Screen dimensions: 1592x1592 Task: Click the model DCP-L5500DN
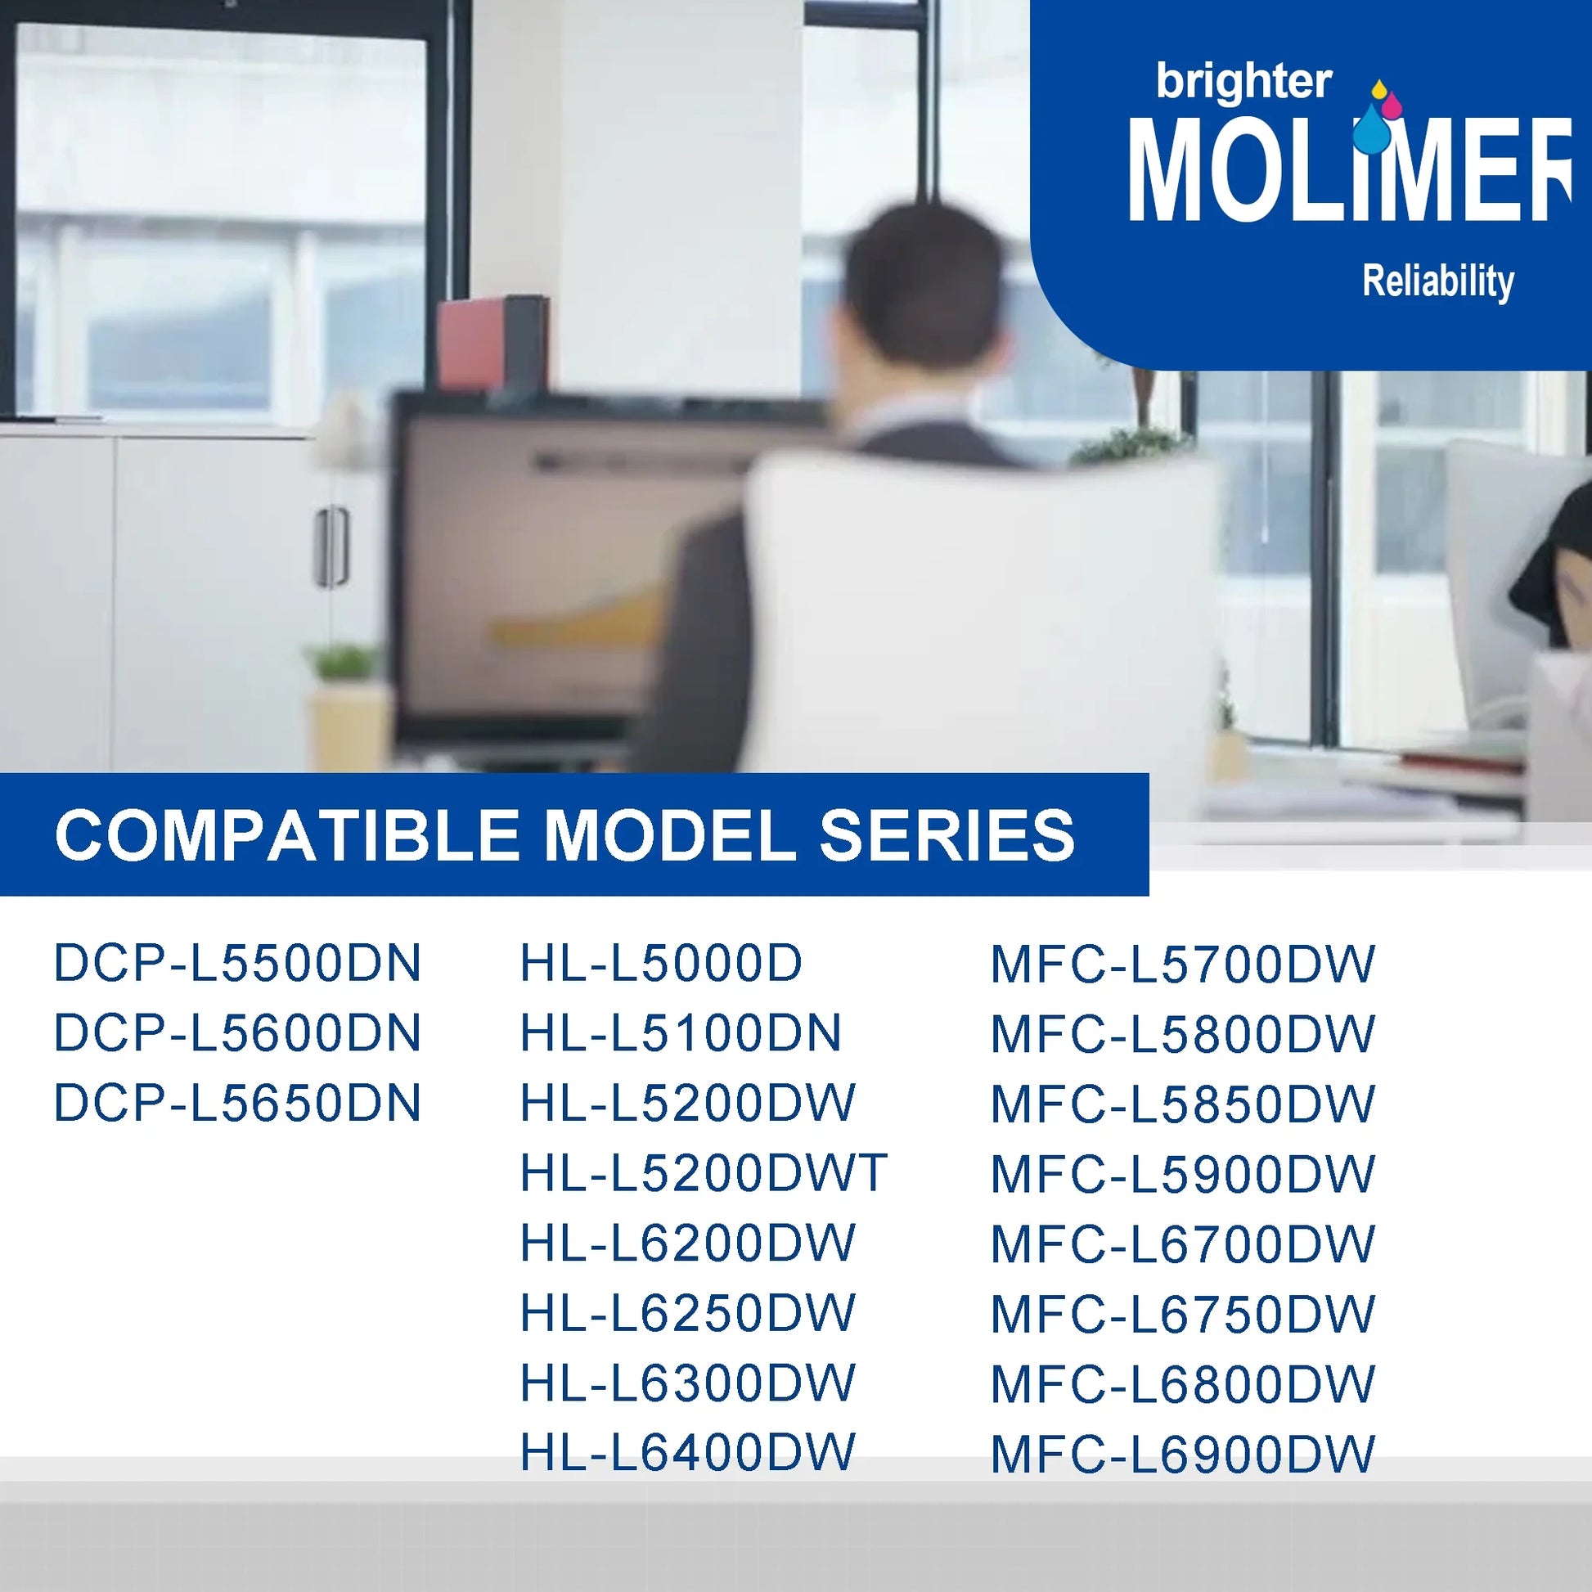pos(237,962)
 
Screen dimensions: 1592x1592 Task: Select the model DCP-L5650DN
pos(237,1103)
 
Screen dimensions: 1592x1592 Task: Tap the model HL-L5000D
pos(661,962)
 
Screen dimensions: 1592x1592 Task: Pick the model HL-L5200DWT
pos(704,1172)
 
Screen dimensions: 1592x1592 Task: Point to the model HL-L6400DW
pos(688,1452)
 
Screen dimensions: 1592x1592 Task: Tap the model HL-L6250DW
pos(688,1313)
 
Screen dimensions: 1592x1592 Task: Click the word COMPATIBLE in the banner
pos(287,834)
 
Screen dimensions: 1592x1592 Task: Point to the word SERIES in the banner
pos(947,834)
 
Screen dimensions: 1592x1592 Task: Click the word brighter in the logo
pos(1243,83)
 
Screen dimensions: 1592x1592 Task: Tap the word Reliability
pos(1438,281)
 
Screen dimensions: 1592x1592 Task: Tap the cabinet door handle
pos(331,546)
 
